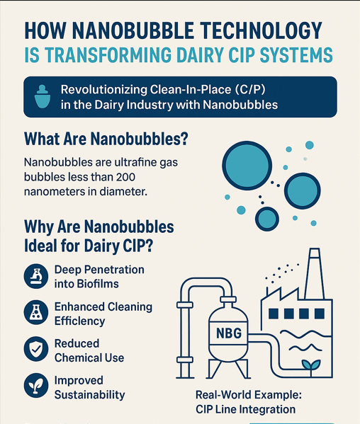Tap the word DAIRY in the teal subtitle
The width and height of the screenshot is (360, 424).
pos(200,55)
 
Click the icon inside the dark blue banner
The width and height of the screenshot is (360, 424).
pos(43,96)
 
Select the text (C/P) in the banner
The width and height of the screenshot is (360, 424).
pos(250,89)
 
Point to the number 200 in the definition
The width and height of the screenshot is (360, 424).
pos(125,177)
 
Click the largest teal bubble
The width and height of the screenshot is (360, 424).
pos(247,166)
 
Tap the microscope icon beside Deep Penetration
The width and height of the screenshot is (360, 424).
pos(36,276)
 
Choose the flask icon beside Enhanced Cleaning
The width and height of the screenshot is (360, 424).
pos(36,312)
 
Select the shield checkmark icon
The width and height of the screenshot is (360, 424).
pos(36,349)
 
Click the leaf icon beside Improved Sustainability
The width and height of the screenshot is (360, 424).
pos(36,385)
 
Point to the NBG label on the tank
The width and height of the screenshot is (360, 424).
pos(229,333)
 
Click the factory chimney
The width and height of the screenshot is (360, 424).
pos(314,273)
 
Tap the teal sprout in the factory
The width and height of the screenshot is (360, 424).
pos(311,366)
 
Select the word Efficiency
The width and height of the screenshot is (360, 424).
pos(79,321)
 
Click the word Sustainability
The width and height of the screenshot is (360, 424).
pos(89,395)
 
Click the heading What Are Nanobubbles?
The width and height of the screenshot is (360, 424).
pos(106,139)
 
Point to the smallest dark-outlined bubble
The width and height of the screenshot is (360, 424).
pos(267,219)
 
